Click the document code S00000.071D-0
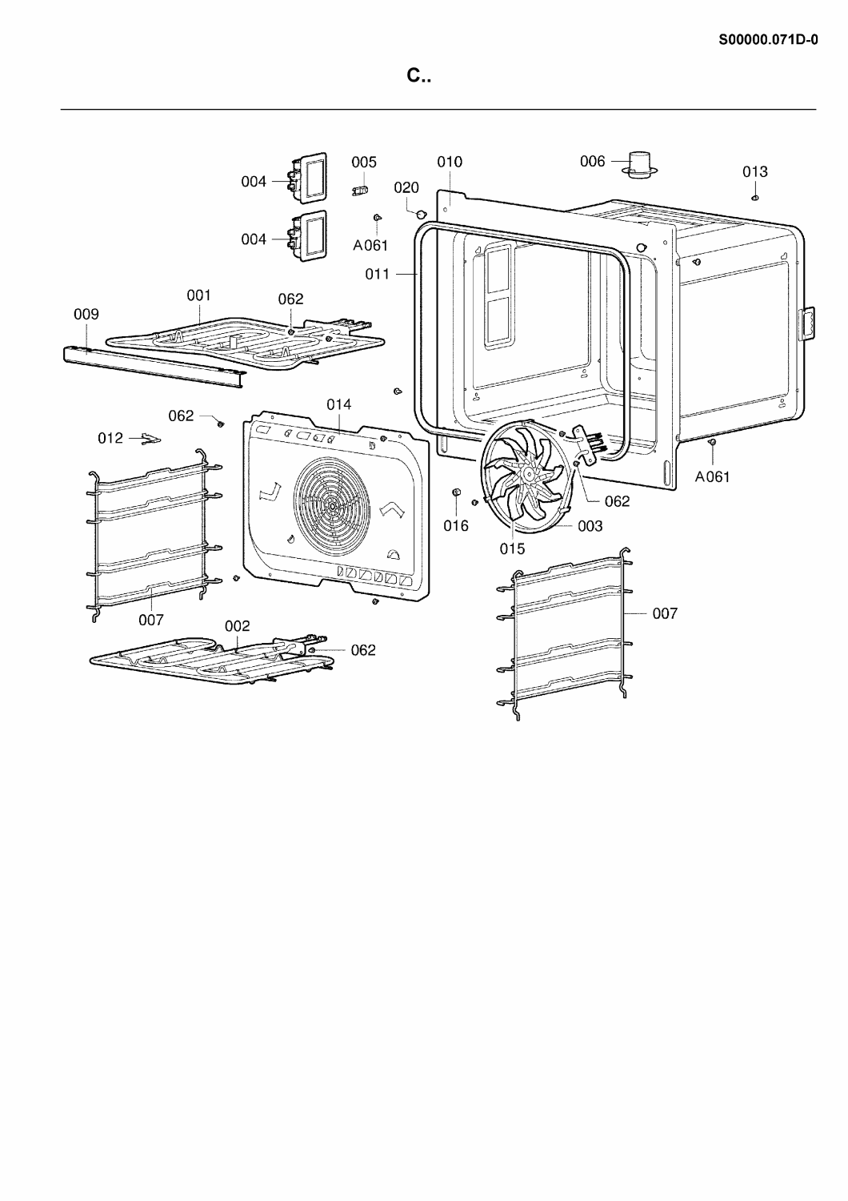(x=768, y=40)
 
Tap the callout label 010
(x=450, y=162)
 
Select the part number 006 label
(x=593, y=161)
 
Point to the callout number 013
(x=754, y=171)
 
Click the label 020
(x=406, y=187)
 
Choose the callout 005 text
(x=364, y=162)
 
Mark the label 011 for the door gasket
(x=377, y=274)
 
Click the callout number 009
(x=86, y=314)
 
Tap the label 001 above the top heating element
(x=198, y=295)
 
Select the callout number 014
(x=339, y=404)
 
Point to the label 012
(x=110, y=438)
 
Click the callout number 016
(x=456, y=525)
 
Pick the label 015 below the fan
(x=512, y=548)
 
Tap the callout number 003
(x=590, y=526)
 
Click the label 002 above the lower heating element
(x=238, y=625)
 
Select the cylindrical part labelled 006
(x=639, y=163)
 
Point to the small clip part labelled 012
(x=151, y=439)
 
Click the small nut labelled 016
(x=457, y=492)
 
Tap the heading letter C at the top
(x=413, y=75)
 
